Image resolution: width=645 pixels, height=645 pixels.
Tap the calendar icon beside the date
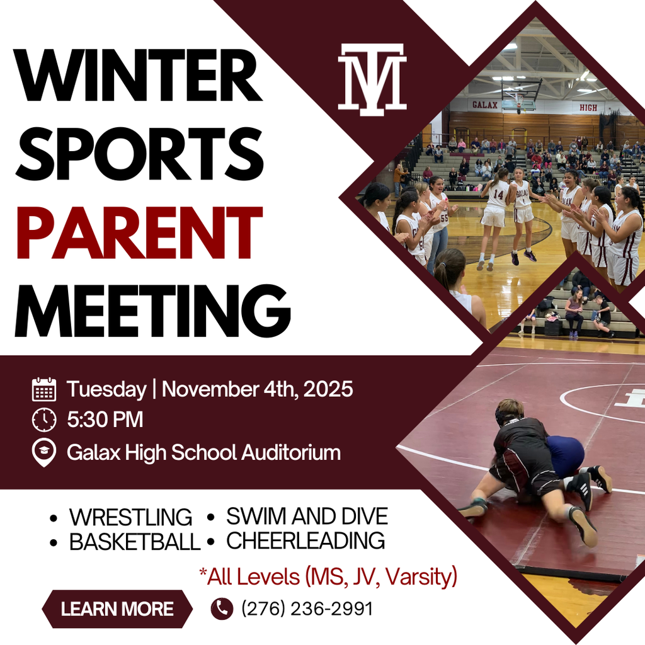tap(44, 389)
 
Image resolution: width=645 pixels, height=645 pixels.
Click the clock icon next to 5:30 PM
tap(44, 420)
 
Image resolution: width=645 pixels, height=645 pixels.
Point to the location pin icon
tap(44, 453)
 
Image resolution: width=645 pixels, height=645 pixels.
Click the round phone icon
tap(222, 608)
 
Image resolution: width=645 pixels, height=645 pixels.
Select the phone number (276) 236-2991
tap(307, 609)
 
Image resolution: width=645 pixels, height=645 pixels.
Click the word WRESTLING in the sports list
tap(130, 517)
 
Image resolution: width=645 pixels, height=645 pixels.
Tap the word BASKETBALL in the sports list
tap(134, 542)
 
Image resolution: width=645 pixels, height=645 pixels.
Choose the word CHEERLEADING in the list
tap(305, 540)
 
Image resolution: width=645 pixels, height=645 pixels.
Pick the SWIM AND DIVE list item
tap(307, 517)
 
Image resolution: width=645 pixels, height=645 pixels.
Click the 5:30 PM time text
tap(105, 420)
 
